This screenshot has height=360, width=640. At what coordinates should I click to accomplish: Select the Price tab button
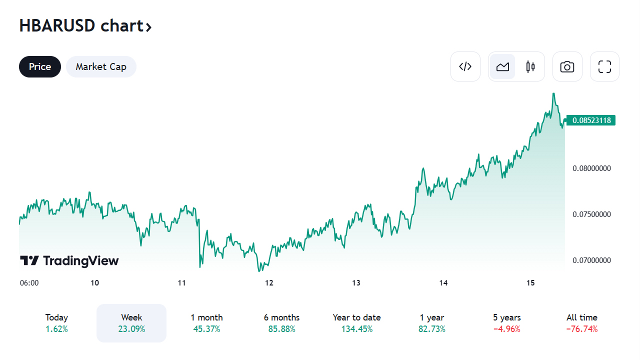(40, 66)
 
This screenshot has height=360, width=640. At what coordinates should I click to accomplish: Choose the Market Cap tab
(101, 66)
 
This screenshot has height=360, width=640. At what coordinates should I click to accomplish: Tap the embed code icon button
(465, 66)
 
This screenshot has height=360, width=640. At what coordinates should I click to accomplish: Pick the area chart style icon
(502, 66)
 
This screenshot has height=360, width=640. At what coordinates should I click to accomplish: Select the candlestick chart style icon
(530, 66)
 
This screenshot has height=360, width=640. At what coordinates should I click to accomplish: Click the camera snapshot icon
(567, 66)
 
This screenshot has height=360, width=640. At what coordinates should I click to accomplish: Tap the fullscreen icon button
(604, 66)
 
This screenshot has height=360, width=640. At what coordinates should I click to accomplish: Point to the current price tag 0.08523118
(591, 120)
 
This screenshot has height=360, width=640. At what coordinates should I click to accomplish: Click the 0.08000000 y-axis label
(591, 168)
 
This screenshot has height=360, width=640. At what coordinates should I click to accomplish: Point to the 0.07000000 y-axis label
(591, 260)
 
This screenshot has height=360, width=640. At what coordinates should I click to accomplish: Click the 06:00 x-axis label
(29, 283)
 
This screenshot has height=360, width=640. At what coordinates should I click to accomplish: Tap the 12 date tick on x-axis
(269, 283)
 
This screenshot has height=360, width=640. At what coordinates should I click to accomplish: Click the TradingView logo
(69, 260)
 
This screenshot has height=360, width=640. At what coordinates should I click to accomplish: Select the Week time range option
(131, 323)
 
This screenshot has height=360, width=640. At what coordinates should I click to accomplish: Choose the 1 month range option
(206, 323)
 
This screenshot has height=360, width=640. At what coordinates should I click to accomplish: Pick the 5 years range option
(506, 323)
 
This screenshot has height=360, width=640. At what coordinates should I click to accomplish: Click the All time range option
(581, 323)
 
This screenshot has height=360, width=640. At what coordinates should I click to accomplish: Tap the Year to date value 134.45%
(356, 329)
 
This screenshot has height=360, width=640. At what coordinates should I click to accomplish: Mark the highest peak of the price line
(553, 93)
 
